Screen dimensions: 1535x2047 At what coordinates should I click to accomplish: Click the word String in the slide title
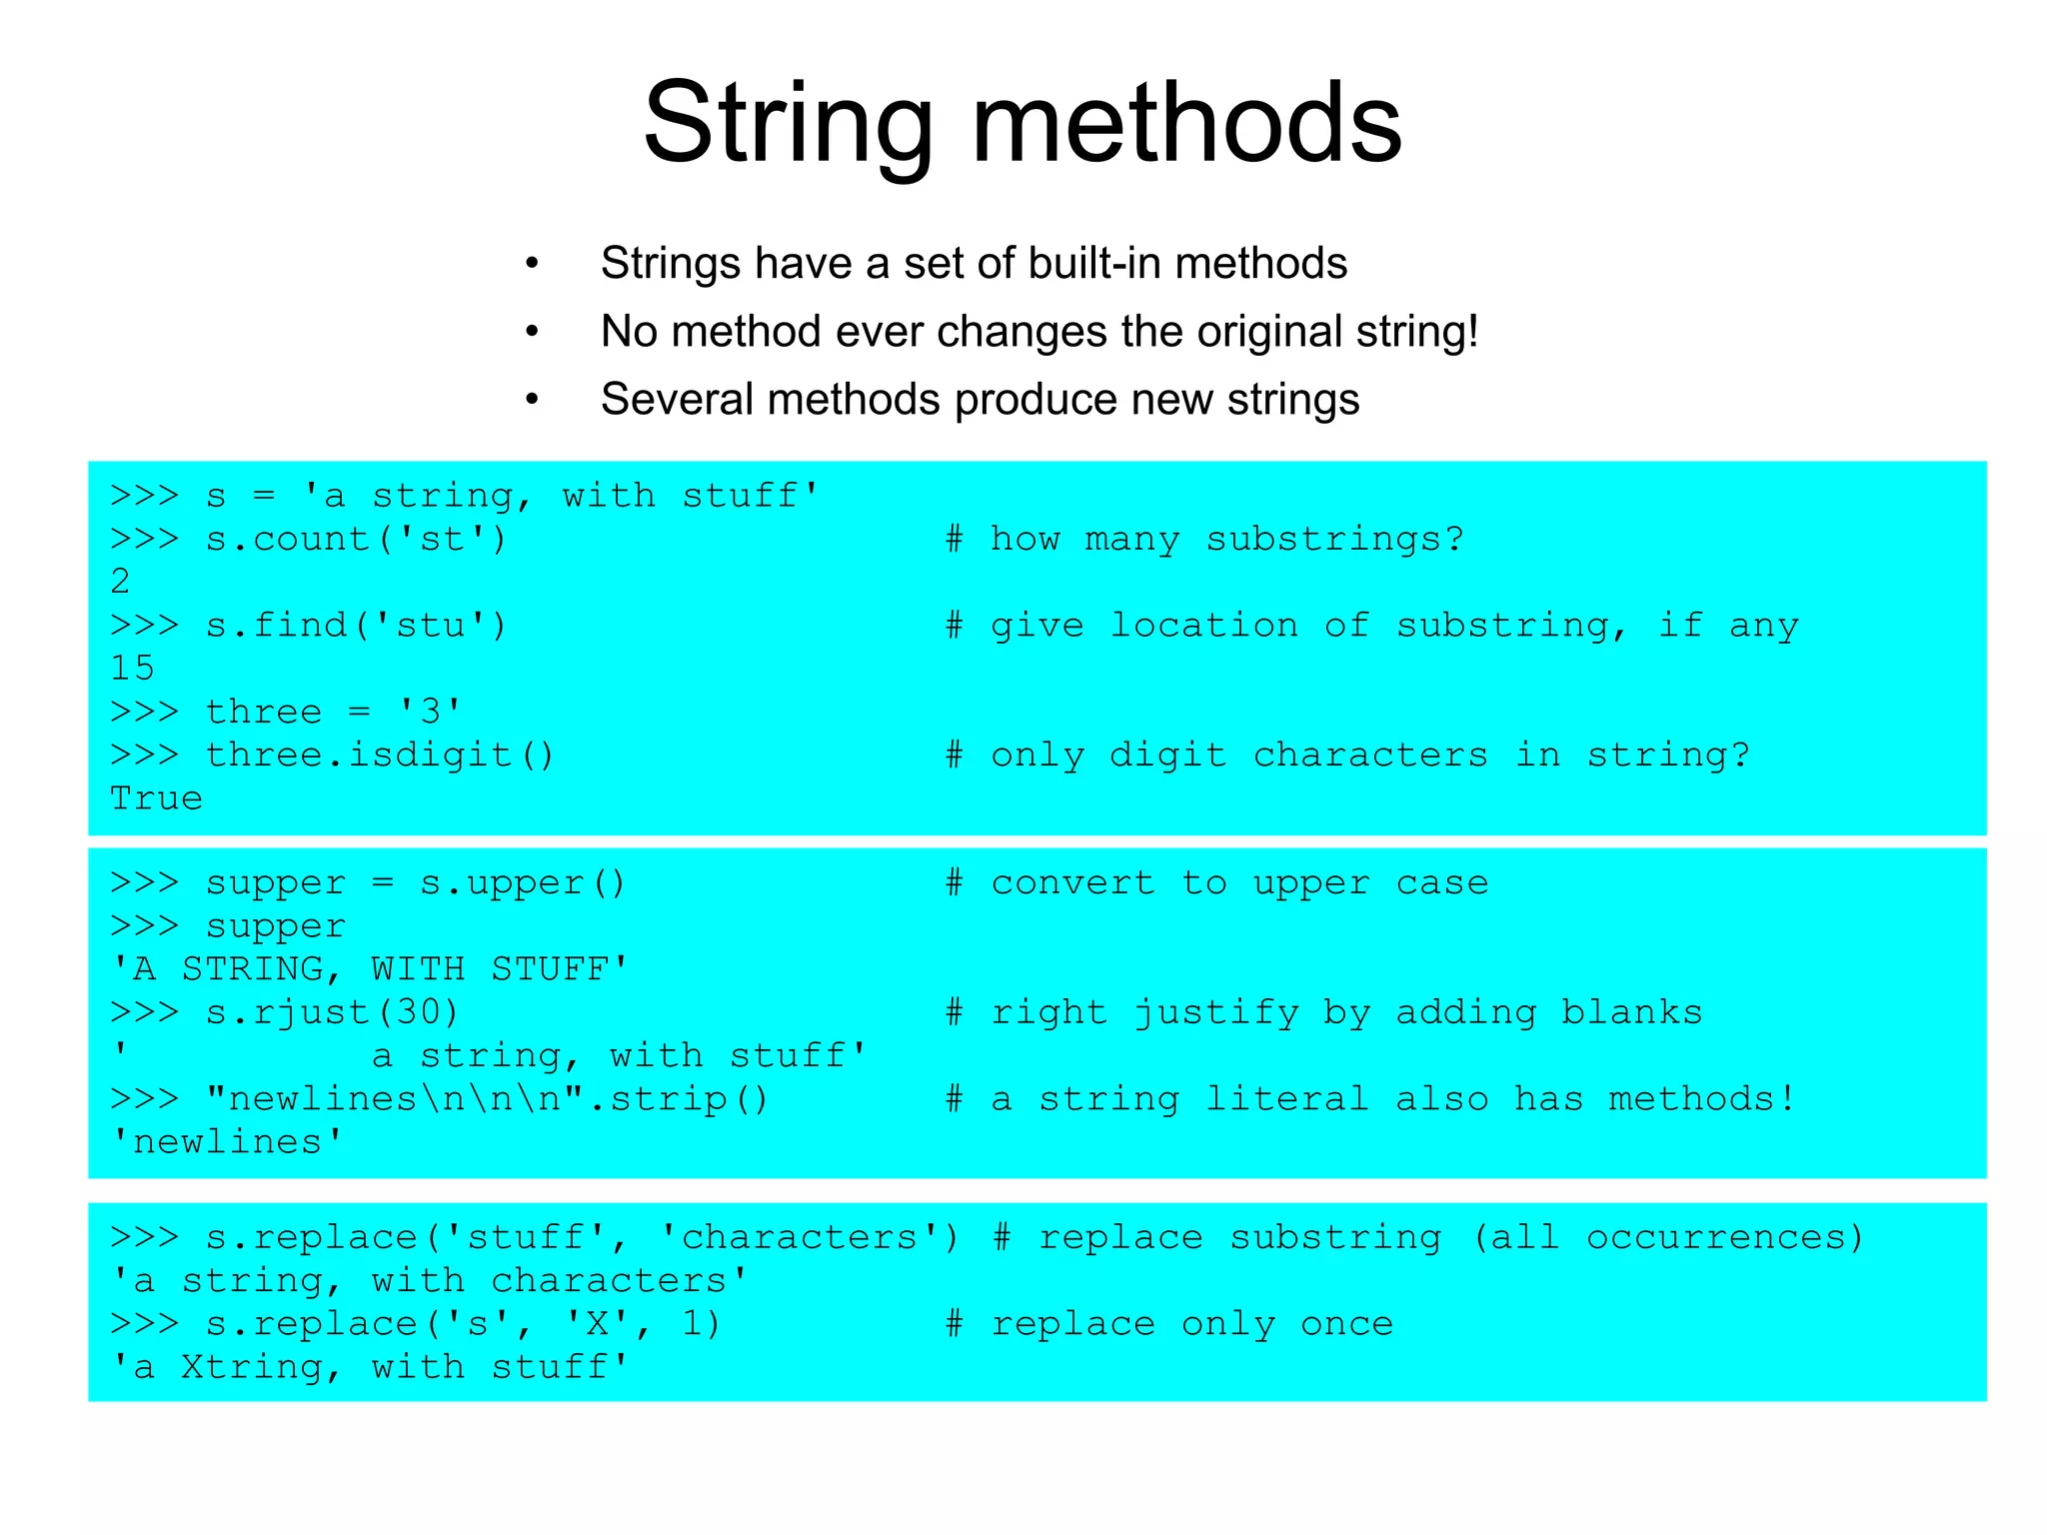789,125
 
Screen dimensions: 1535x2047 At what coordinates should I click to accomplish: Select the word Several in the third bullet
677,400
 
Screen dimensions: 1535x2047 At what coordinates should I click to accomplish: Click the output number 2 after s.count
121,582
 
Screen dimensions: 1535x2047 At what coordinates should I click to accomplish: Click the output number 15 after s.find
133,668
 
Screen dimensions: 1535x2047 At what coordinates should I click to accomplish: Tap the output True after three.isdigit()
156,798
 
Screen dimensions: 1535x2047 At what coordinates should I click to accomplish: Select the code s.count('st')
357,540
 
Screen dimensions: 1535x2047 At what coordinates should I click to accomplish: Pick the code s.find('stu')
357,626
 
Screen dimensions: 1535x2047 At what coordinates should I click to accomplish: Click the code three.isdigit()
380,756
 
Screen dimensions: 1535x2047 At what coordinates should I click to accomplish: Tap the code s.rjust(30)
332,1013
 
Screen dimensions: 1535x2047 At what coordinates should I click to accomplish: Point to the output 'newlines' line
227,1142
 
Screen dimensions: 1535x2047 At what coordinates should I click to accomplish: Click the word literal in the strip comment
1286,1099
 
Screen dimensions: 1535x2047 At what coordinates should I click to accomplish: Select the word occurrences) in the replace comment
1726,1238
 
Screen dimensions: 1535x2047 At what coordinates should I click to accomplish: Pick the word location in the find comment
1204,626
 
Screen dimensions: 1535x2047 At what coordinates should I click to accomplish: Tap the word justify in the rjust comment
1216,1013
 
